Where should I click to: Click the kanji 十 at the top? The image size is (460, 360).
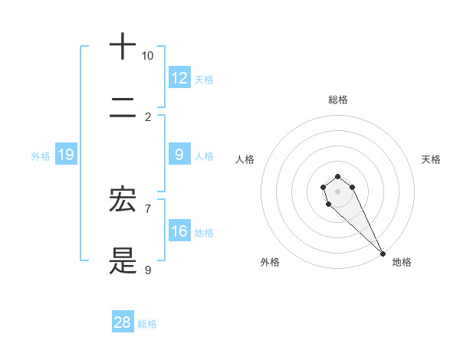point(123,46)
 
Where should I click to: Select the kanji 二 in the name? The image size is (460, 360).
point(123,107)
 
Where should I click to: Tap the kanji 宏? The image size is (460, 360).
point(123,200)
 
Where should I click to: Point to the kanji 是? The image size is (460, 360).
point(123,260)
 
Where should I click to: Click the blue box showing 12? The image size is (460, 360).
point(179,78)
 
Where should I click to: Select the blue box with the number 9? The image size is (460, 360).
point(179,155)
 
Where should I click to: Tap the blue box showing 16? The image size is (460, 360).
point(179,231)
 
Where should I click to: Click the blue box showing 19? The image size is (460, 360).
point(66,155)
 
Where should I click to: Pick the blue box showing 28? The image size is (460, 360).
point(123,322)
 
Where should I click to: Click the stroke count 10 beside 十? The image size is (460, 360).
point(147,56)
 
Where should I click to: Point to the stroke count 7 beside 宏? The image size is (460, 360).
point(148,208)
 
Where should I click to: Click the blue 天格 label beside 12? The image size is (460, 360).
point(204,79)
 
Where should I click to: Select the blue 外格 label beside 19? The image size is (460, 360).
point(41,155)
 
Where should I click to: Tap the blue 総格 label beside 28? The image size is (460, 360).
point(147,323)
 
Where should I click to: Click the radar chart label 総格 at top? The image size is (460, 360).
point(337,100)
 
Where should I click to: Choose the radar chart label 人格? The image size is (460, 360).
point(245,159)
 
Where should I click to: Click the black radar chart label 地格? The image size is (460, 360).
point(402,262)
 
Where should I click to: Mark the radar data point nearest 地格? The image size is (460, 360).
point(383,254)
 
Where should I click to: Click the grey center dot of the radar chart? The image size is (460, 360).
point(337,191)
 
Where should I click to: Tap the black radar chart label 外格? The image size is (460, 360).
point(270,262)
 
